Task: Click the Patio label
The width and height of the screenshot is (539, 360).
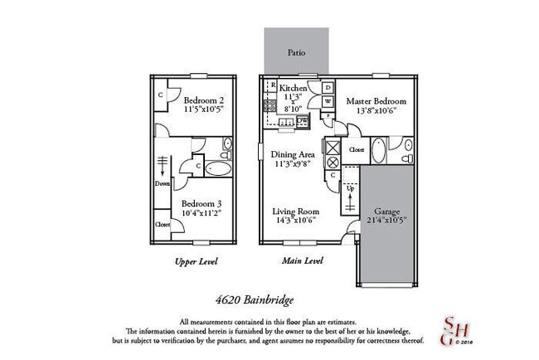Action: (297, 53)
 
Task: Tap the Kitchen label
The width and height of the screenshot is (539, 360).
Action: (294, 88)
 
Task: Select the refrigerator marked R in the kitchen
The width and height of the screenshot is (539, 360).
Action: (273, 85)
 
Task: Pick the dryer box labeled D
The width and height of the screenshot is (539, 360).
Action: (328, 87)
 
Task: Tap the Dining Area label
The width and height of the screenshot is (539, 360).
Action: (291, 153)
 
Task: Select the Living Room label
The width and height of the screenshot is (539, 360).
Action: (296, 211)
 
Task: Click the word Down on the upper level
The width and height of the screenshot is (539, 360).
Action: (163, 184)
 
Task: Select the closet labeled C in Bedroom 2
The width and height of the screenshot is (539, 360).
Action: (160, 95)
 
